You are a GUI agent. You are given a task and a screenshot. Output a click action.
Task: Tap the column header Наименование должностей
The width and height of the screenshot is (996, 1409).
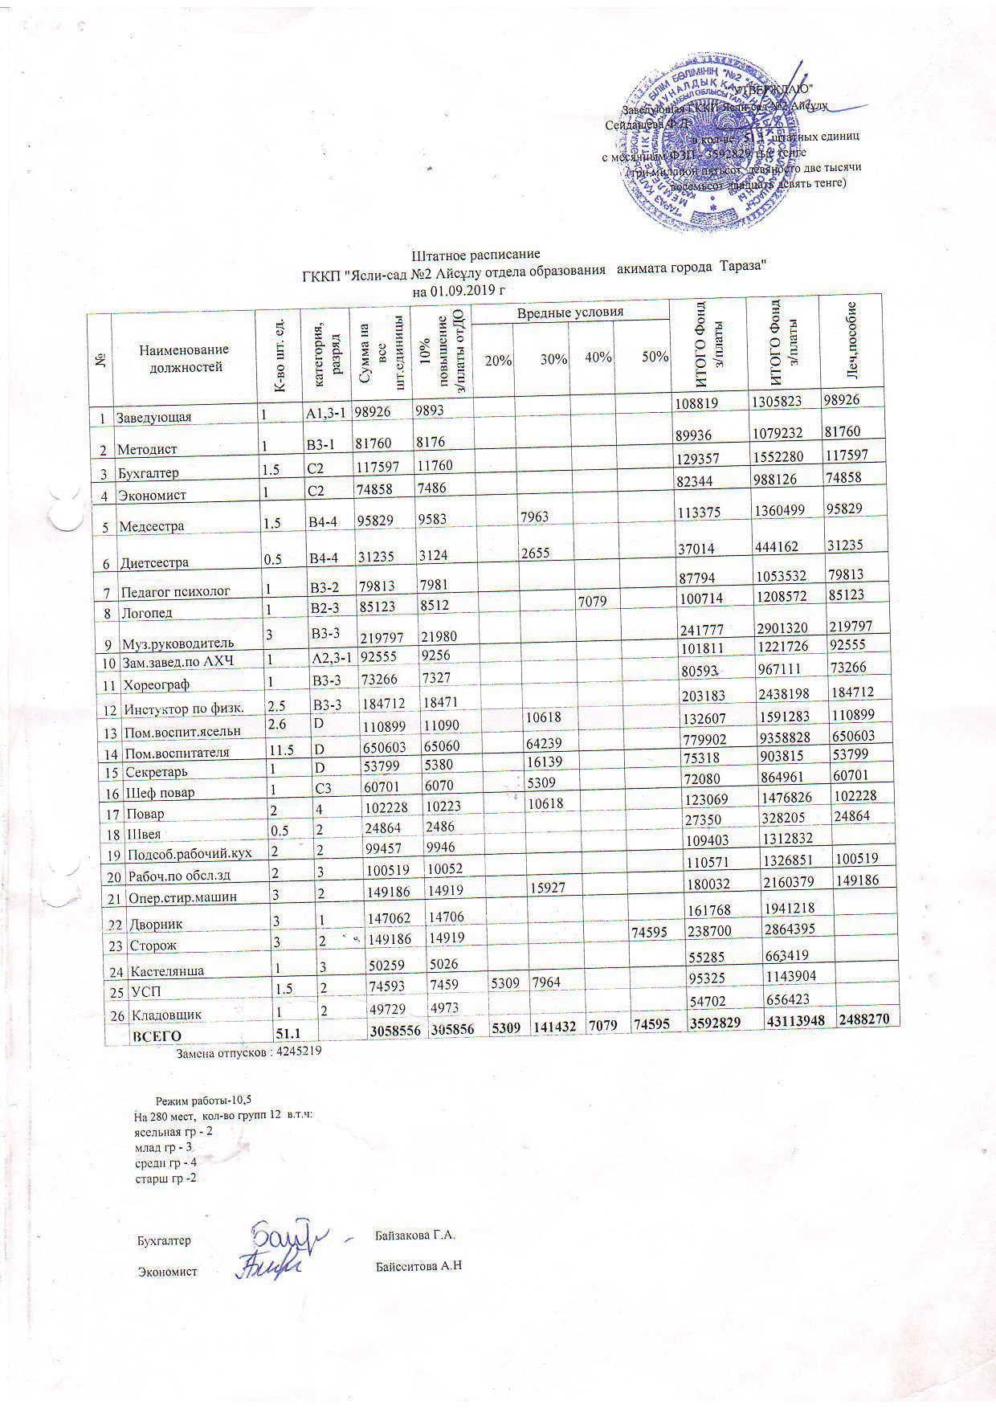[x=184, y=358]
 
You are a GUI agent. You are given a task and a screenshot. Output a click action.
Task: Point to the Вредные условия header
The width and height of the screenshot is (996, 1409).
[x=569, y=312]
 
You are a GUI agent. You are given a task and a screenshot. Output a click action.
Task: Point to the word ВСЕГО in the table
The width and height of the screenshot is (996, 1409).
[x=157, y=1036]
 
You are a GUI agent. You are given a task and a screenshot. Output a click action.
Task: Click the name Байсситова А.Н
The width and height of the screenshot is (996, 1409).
[x=419, y=1267]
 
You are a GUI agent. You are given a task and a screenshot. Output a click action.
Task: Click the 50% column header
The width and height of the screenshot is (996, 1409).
[x=655, y=357]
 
